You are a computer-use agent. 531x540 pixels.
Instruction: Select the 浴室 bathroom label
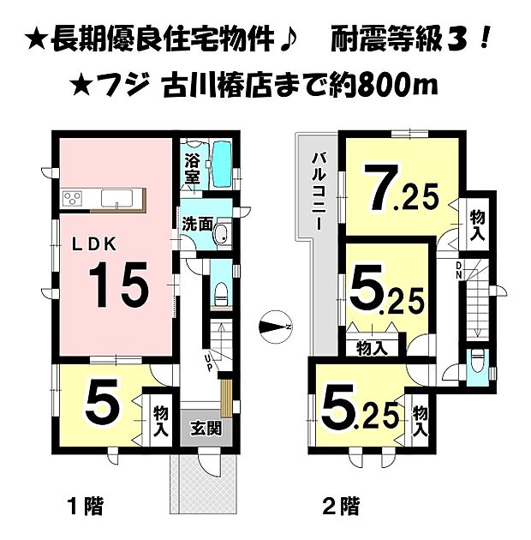tap(192, 168)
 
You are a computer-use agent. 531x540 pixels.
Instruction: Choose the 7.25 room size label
tap(398, 194)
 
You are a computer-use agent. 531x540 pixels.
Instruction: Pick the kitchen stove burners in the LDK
tap(71, 199)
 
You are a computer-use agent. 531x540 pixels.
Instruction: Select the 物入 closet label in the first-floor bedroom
tap(160, 421)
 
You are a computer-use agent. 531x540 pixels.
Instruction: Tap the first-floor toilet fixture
tap(219, 293)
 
